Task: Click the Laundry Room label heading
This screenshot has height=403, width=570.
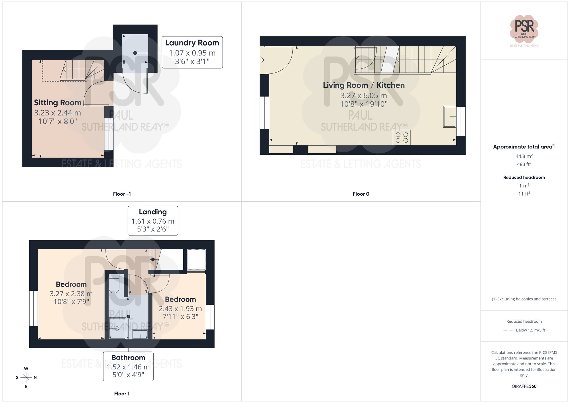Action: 192,43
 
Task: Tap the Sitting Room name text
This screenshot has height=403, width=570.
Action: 58,103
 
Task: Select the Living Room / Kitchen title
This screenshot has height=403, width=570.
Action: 364,85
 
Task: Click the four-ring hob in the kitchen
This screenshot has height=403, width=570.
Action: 402,138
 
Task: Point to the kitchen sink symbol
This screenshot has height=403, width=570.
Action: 449,116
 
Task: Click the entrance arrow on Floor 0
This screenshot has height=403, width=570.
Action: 260,60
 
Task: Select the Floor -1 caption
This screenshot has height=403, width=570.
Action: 122,194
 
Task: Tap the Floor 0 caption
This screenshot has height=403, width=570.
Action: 361,194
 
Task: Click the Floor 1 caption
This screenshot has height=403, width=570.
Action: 122,394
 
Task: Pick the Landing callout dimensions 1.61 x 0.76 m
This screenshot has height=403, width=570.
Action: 153,221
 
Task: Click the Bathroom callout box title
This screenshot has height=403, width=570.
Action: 128,358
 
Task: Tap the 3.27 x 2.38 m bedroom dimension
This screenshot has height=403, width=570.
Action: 71,294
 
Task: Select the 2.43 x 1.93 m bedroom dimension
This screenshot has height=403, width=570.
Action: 180,309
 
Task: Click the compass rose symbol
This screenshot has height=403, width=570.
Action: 26,378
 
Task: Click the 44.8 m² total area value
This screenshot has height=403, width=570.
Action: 524,156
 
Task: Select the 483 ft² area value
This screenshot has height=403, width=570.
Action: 524,164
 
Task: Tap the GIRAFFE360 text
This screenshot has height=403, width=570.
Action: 524,386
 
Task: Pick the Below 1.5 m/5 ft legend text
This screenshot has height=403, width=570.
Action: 530,330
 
